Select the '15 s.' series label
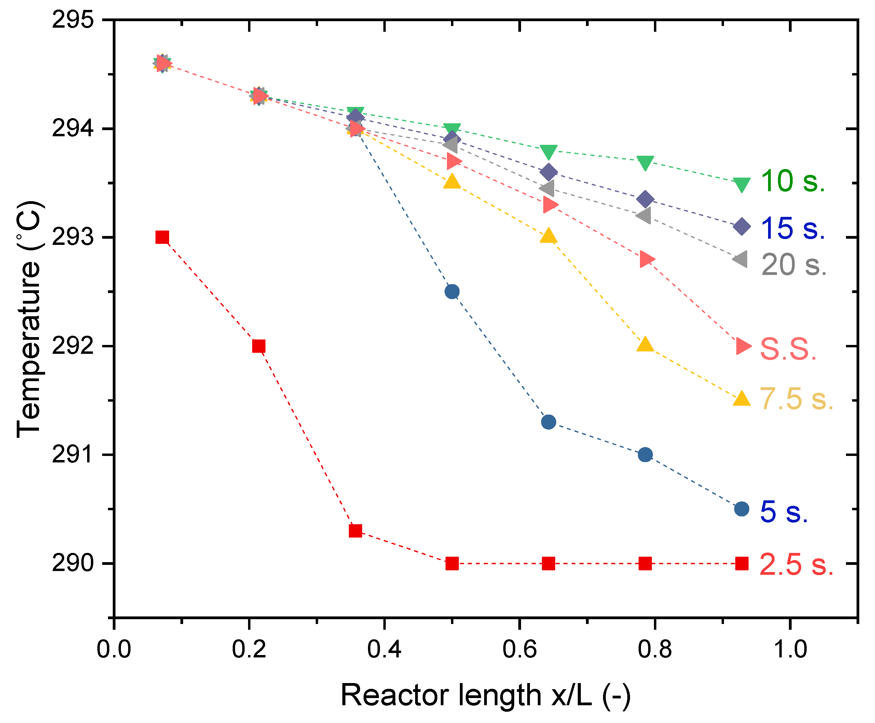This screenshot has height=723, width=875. pyautogui.click(x=793, y=228)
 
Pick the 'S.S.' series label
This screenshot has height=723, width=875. pyautogui.click(x=788, y=349)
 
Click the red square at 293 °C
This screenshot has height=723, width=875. pyautogui.click(x=162, y=237)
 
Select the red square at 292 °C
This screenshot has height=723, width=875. pyautogui.click(x=259, y=346)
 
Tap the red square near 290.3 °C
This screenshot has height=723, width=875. pyautogui.click(x=355, y=531)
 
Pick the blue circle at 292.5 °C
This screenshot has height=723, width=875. pyautogui.click(x=452, y=292)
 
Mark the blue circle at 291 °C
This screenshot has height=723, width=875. pyautogui.click(x=645, y=454)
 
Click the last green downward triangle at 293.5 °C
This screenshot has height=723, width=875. pyautogui.click(x=742, y=184)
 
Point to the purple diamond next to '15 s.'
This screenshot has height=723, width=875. pyautogui.click(x=742, y=226)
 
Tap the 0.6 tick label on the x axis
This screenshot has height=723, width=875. pyautogui.click(x=519, y=649)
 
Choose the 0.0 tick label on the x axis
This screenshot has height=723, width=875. pyautogui.click(x=114, y=649)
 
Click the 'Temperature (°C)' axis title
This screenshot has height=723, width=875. pyautogui.click(x=29, y=319)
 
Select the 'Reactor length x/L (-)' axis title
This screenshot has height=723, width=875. pyautogui.click(x=486, y=696)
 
